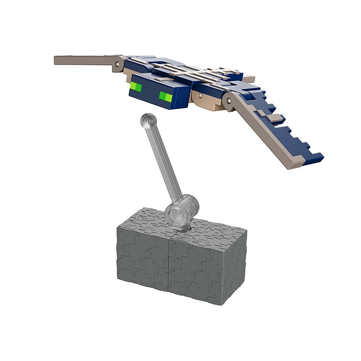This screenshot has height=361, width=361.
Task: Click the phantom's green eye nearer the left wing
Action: coord(136,86)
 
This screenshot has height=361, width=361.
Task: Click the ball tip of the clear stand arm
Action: coord(148,120)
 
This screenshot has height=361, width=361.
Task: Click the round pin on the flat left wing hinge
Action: coord(118,65)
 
